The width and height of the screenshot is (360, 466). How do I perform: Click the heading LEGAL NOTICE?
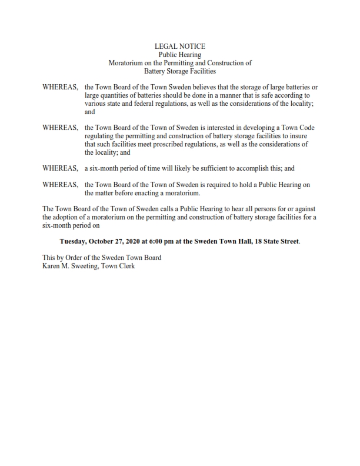point(180,46)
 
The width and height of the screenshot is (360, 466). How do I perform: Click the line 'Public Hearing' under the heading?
point(180,54)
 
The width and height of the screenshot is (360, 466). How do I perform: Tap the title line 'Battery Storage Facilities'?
point(180,71)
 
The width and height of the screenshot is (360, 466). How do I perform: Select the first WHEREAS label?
point(60,87)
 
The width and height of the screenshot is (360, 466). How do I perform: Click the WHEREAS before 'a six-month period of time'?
point(60,168)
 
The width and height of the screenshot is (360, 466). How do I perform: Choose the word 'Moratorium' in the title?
point(127,63)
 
